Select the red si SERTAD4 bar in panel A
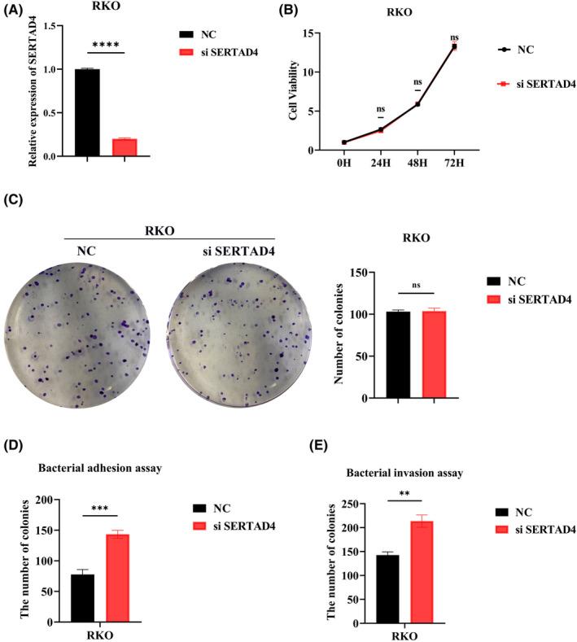[x=125, y=147]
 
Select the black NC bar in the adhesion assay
[x=82, y=598]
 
